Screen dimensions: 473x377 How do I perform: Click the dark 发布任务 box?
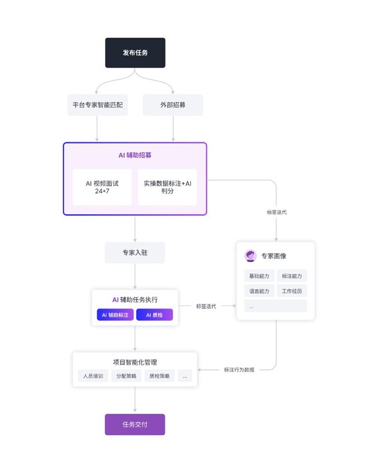(135, 53)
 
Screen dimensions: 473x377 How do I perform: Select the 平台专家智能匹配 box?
(98, 105)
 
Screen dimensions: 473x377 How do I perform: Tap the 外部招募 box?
(173, 105)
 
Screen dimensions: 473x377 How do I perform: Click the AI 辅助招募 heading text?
(135, 155)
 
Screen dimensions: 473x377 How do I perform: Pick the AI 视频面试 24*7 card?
(102, 187)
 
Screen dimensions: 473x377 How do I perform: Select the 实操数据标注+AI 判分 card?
(167, 187)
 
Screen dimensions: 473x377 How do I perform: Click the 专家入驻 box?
(135, 253)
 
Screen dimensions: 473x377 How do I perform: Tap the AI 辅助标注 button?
(115, 315)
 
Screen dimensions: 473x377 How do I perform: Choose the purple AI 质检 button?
(154, 315)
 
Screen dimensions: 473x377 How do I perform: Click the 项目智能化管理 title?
(135, 362)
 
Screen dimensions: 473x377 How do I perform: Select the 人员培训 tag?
(93, 376)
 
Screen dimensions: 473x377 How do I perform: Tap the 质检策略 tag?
(159, 376)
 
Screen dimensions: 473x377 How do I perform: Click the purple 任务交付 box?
(135, 425)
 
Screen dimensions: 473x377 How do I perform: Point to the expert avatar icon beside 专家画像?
(250, 256)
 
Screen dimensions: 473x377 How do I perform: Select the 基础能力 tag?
(259, 276)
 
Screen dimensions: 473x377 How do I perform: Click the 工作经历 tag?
(292, 291)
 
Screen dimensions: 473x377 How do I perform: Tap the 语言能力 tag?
(259, 291)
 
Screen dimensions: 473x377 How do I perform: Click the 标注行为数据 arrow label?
(239, 370)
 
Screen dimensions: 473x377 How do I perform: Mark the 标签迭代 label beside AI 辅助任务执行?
(206, 306)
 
